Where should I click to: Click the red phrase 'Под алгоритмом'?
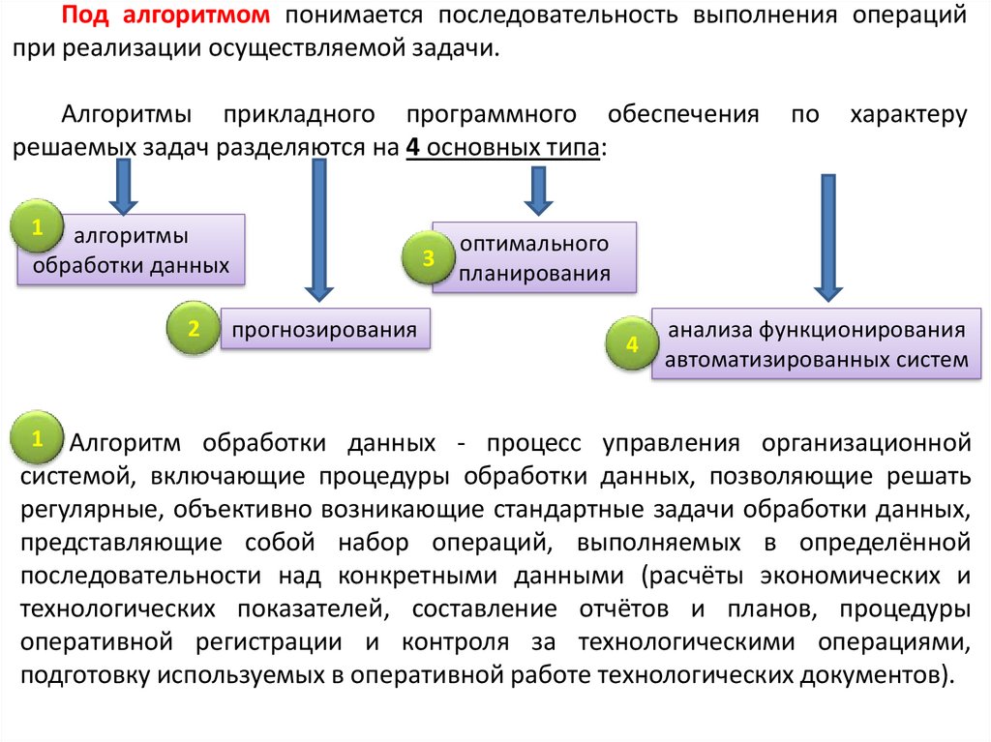point(172,16)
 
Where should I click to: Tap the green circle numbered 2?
point(194,329)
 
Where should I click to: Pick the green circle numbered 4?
point(633,345)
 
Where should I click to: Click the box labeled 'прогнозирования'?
point(325,330)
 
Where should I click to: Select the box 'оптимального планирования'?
point(534,257)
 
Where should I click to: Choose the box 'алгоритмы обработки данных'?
point(132,250)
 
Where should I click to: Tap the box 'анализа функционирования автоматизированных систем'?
point(816,344)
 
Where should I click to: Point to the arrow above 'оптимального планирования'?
point(538,190)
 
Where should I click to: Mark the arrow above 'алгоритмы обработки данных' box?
point(123,186)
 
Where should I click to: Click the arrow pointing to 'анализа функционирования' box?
point(826,238)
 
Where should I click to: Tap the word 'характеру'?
point(908,114)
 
